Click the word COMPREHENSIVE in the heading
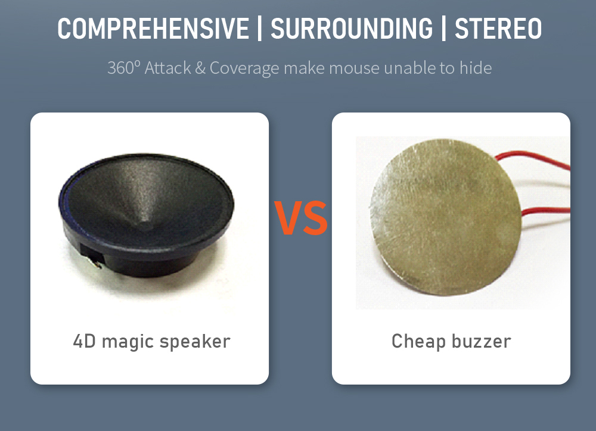point(153,29)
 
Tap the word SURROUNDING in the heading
point(352,29)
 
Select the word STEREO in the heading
point(498,29)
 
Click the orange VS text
point(300,218)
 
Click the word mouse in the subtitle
point(354,68)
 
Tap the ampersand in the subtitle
point(200,68)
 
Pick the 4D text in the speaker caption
point(85,341)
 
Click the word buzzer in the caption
point(481,341)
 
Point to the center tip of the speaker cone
point(145,226)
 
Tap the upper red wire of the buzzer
point(532,158)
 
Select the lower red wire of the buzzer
point(546,211)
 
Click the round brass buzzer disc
point(445,217)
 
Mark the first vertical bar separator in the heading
point(260,29)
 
